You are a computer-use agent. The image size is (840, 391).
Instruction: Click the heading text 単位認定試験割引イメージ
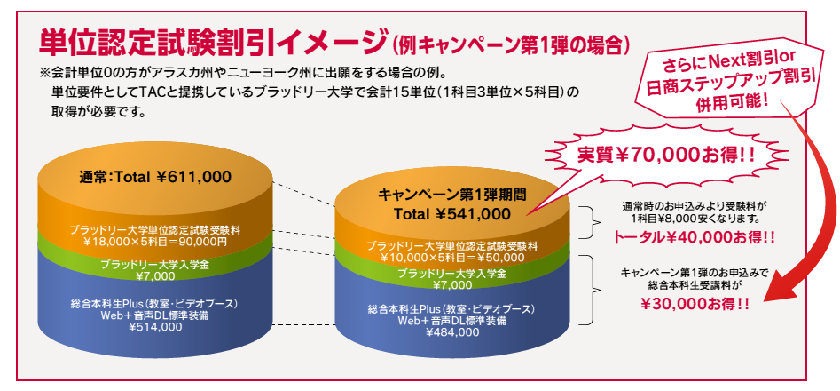click(x=212, y=43)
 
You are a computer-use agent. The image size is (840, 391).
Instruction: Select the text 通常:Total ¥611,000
click(x=155, y=177)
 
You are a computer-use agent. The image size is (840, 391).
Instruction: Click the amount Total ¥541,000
click(x=452, y=214)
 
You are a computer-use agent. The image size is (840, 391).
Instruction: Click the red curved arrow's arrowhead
click(x=777, y=291)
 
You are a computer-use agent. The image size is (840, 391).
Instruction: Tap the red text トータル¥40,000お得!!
click(x=694, y=237)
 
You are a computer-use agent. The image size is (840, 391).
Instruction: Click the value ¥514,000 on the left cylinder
click(x=156, y=327)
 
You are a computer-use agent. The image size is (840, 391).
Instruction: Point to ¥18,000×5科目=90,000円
click(x=155, y=242)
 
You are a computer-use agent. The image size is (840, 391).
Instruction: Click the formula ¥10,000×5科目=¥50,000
click(x=452, y=258)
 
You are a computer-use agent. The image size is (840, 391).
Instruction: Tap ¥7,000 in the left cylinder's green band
click(x=155, y=276)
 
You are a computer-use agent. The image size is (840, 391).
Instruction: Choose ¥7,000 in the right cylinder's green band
click(x=452, y=285)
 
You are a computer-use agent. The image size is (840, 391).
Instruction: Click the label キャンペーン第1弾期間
click(x=452, y=194)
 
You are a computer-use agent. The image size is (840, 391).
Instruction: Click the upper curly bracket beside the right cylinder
click(x=594, y=221)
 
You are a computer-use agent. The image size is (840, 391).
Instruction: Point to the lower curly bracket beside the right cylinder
click(x=594, y=290)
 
